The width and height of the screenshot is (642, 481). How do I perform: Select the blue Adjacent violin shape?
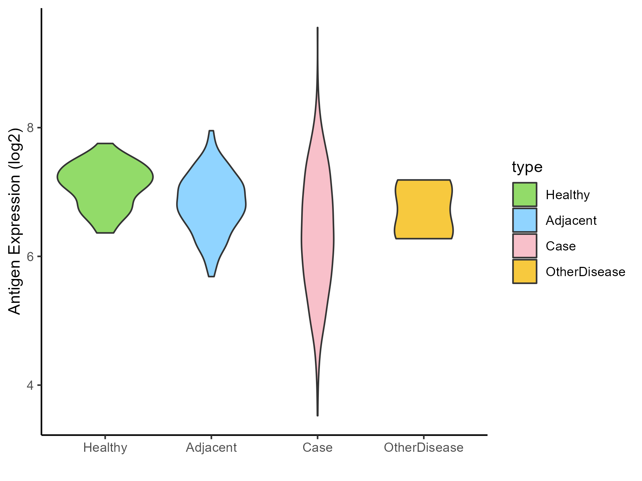click(x=212, y=203)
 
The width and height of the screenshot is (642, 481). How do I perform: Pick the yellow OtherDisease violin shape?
click(x=423, y=210)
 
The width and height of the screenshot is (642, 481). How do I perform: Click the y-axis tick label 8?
click(x=30, y=128)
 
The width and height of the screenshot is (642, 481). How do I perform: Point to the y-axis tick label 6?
click(x=30, y=257)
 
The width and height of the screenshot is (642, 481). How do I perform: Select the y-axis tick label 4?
click(x=30, y=385)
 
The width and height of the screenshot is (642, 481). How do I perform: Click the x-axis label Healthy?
click(x=105, y=448)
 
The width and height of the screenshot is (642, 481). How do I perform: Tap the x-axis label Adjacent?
click(x=212, y=448)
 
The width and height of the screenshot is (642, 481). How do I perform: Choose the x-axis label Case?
click(x=317, y=448)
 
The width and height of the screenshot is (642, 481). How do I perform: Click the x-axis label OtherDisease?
click(x=423, y=448)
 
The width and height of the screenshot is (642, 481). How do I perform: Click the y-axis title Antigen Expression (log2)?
click(x=15, y=221)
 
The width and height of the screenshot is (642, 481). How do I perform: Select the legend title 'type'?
click(x=527, y=167)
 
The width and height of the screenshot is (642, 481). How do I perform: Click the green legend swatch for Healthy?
click(x=525, y=195)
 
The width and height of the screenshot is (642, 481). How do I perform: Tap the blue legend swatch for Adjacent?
click(x=525, y=220)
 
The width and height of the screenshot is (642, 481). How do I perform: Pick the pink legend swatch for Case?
click(x=525, y=246)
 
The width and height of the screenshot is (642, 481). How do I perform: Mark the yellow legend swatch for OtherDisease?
click(x=525, y=271)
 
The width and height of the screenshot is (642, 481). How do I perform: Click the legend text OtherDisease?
click(x=585, y=272)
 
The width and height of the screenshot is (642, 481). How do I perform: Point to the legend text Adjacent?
click(x=571, y=221)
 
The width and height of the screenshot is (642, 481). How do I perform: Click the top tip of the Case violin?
click(x=317, y=28)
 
